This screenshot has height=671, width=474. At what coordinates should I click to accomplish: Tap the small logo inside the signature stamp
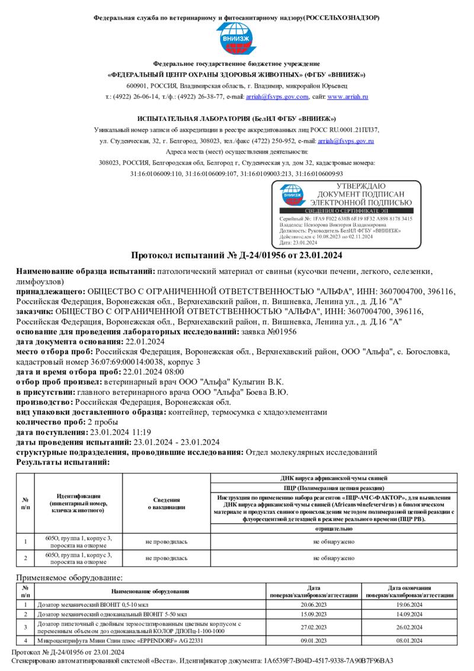click(x=293, y=194)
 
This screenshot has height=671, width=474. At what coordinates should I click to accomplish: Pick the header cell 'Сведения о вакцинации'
click(x=166, y=503)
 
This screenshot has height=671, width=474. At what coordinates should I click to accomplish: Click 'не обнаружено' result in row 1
click(x=334, y=541)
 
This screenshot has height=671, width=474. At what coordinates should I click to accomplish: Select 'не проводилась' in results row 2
click(x=166, y=558)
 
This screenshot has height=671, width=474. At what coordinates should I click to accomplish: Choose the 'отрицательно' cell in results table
click(x=334, y=527)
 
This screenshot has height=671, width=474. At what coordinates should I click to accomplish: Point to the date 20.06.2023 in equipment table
click(x=313, y=605)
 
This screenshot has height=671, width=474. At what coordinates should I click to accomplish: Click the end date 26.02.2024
click(x=409, y=627)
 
